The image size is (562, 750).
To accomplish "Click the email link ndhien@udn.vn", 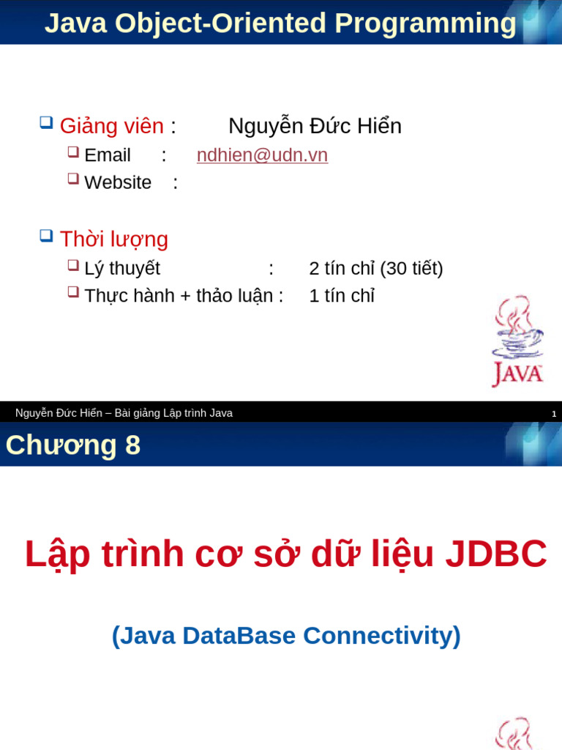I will click(x=262, y=155).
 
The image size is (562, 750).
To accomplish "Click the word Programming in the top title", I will click(x=425, y=23).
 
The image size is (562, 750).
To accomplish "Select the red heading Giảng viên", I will click(x=111, y=126).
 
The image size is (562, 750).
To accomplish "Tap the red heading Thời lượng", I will click(x=113, y=240).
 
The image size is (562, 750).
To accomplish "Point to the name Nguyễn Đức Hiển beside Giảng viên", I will click(x=315, y=126).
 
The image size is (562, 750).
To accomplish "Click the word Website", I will click(x=118, y=182).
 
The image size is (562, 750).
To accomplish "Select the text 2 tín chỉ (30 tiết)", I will click(x=376, y=269).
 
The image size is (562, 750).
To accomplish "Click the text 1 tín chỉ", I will click(x=342, y=296).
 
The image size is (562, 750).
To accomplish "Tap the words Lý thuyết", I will click(x=122, y=269).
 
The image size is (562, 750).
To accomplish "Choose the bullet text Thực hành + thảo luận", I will click(x=179, y=296).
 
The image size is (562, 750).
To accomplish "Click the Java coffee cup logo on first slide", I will click(x=517, y=341).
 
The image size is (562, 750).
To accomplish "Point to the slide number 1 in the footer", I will click(x=554, y=414).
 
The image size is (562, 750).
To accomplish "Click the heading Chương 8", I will click(x=73, y=445).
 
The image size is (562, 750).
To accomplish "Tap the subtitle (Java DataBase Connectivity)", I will click(x=286, y=635).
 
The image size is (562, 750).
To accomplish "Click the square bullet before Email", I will click(x=73, y=152).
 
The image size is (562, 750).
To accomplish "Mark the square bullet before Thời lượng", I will click(x=46, y=236).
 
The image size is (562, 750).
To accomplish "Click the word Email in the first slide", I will click(x=108, y=155).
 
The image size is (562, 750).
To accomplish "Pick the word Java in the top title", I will click(x=75, y=23).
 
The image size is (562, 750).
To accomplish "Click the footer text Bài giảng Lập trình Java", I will click(x=173, y=413).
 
